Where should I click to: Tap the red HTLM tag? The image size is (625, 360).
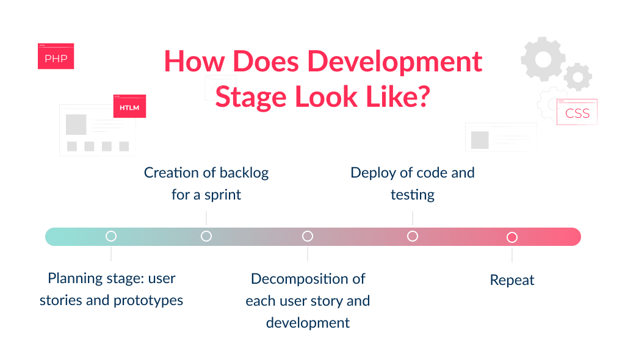pyautogui.click(x=129, y=107)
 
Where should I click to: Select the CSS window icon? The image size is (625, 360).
pyautogui.click(x=577, y=113)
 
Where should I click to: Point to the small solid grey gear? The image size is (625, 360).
pyautogui.click(x=577, y=77)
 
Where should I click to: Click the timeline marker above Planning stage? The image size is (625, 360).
pyautogui.click(x=111, y=236)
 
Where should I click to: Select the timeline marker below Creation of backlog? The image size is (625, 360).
pyautogui.click(x=206, y=236)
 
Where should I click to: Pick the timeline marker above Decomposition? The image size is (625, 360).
pyautogui.click(x=308, y=236)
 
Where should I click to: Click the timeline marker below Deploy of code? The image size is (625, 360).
pyautogui.click(x=413, y=236)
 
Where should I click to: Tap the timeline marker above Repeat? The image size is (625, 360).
pyautogui.click(x=512, y=237)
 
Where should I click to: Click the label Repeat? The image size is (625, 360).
pyautogui.click(x=512, y=280)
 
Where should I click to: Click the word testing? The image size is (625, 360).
pyautogui.click(x=413, y=195)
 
